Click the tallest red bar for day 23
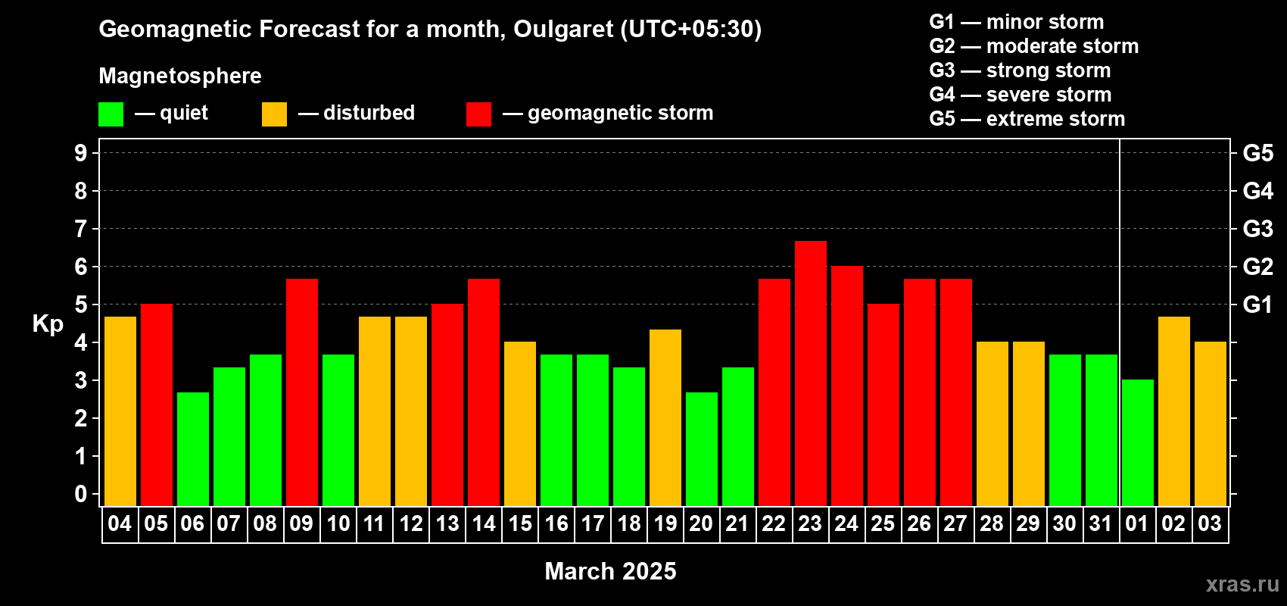(x=811, y=373)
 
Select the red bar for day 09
(x=301, y=392)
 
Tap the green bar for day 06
(x=193, y=449)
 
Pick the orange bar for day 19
(x=665, y=417)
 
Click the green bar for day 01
(x=1138, y=442)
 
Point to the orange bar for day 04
(x=120, y=411)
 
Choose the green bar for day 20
(x=702, y=449)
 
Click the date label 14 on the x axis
(x=484, y=523)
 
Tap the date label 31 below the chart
(x=1101, y=523)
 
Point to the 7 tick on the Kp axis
(x=80, y=229)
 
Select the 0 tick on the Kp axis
(x=80, y=494)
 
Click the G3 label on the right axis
(x=1258, y=229)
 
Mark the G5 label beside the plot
(x=1258, y=153)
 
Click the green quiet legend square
(x=111, y=114)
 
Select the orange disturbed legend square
(x=274, y=114)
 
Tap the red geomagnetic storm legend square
(x=479, y=114)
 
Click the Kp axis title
(x=48, y=324)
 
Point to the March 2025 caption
(x=610, y=571)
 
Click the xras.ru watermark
(x=1242, y=584)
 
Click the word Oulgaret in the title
(x=563, y=30)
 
